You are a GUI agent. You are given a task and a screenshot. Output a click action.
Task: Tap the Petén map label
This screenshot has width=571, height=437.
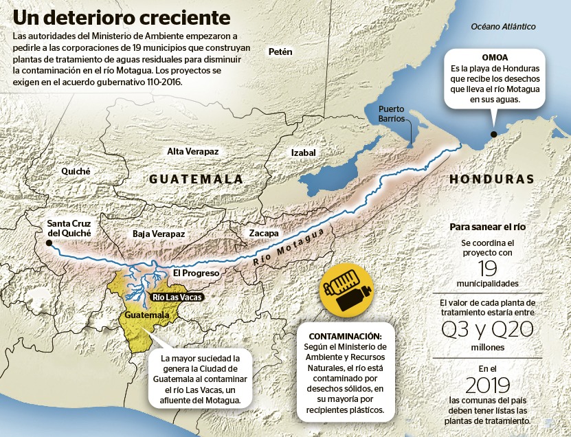[x=280, y=52]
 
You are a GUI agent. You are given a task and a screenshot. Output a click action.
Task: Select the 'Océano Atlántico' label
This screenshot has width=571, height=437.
[x=503, y=26]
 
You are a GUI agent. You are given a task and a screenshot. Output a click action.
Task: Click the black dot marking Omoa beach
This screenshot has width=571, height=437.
[x=492, y=135]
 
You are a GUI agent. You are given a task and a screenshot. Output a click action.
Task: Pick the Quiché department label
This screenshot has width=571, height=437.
[x=76, y=171]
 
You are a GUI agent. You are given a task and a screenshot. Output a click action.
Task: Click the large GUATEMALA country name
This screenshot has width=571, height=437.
[x=197, y=179]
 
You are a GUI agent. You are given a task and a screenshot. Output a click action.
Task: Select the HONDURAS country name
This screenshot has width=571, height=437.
[x=491, y=179]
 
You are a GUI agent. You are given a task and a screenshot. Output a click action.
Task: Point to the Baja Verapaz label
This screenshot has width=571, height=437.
[x=159, y=234]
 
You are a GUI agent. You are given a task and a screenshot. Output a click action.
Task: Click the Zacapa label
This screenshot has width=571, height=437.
[x=264, y=233]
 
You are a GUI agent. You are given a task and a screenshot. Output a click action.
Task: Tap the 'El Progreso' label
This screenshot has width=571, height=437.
[x=196, y=273]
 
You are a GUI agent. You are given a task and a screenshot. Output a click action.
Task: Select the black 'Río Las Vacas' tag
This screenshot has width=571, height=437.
[x=176, y=298]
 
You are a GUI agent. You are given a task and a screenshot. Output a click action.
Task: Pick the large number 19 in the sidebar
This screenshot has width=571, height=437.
[x=486, y=269]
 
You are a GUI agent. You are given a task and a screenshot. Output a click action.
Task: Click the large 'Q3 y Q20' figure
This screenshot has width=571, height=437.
[x=487, y=329]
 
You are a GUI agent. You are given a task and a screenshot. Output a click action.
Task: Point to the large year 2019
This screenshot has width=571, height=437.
[x=486, y=383]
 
